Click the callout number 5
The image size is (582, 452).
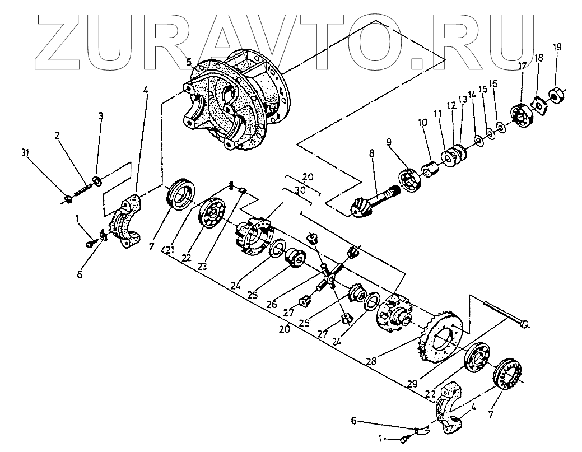pyautogui.click(x=190, y=62)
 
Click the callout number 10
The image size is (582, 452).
pyautogui.click(x=422, y=122)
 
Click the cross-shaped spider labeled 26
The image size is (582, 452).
pyautogui.click(x=330, y=274)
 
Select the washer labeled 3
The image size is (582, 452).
pyautogui.click(x=96, y=180)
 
